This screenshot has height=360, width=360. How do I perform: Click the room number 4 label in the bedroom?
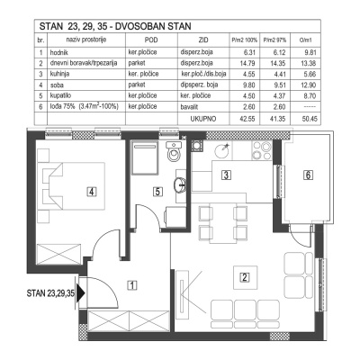coord(91,191)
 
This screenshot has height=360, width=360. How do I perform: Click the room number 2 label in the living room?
coord(242,276)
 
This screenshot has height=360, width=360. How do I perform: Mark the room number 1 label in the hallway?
coord(132,287)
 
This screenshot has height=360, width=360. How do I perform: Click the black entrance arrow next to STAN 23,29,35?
coord(82,292)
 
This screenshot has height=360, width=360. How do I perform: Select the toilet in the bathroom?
coord(176,156)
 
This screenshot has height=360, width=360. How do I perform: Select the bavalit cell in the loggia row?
coord(205,104)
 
